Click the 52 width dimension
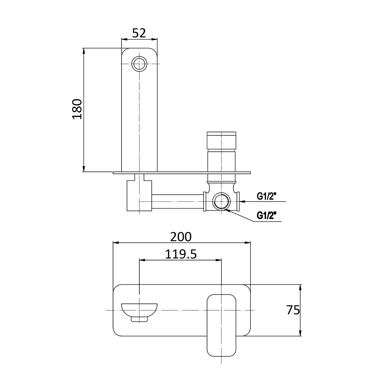139,33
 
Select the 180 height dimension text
77,110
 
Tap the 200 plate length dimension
181,236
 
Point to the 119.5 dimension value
181,254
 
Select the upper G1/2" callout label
267,196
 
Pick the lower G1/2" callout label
267,215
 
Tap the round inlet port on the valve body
221,202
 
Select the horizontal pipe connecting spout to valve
178,202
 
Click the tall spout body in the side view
139,116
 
